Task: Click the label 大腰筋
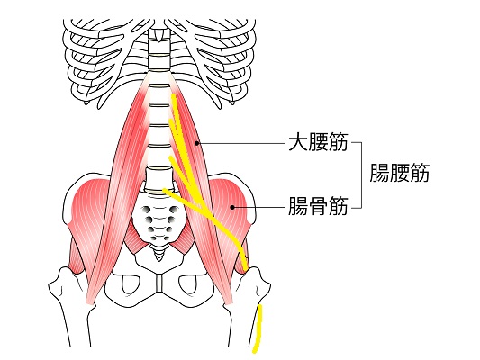[318, 142]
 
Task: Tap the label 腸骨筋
[318, 206]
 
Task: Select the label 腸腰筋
[400, 173]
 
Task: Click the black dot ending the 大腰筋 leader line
[197, 142]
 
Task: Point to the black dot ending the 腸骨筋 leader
[232, 207]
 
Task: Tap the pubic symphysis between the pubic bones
[158, 283]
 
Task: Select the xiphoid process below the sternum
[158, 34]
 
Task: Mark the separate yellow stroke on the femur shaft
[258, 328]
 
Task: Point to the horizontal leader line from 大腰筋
[242, 143]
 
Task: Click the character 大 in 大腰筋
[298, 142]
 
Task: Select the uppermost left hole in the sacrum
[146, 210]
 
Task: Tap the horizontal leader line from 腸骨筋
[260, 207]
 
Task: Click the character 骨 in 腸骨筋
[318, 206]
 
